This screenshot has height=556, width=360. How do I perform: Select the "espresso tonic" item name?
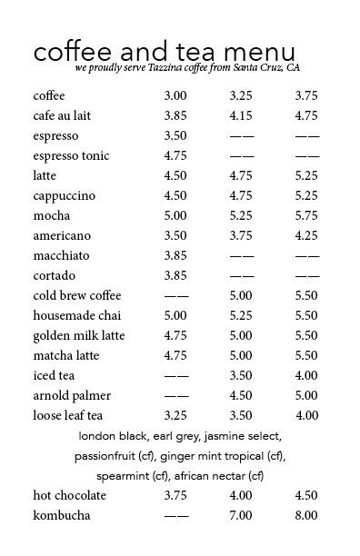(x=71, y=155)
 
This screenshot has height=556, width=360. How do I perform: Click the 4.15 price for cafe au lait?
(x=241, y=115)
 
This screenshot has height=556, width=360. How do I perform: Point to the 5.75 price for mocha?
(x=306, y=215)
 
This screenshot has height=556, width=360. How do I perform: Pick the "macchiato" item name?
(x=61, y=255)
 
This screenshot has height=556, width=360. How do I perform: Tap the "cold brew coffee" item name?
(x=76, y=295)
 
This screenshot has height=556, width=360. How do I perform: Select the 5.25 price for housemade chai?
(x=241, y=315)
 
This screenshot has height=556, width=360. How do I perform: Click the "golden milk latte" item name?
(x=79, y=335)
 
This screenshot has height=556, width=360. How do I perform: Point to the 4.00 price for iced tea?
(x=306, y=375)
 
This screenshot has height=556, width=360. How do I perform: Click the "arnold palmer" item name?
(x=73, y=395)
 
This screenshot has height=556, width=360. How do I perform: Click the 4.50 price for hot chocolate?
(x=306, y=495)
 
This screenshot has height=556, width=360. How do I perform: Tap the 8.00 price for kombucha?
(x=306, y=515)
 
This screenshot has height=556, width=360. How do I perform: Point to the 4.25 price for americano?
(x=306, y=235)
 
